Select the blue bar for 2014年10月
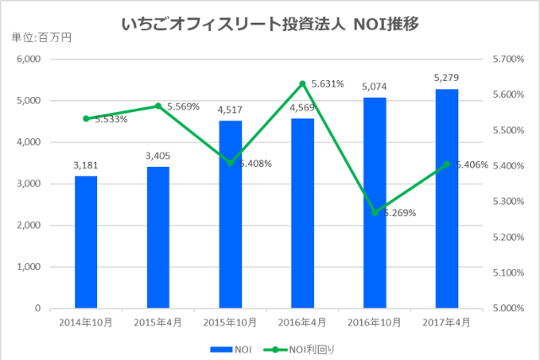(x=86, y=242)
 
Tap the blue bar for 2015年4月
(x=158, y=237)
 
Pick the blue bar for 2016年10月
(x=375, y=202)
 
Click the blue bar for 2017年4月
(x=447, y=198)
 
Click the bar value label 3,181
(x=86, y=164)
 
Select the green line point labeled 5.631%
(x=302, y=83)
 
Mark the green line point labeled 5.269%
(x=375, y=212)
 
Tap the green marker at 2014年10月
(x=86, y=119)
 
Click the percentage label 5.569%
(x=183, y=107)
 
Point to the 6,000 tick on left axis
(x=30, y=59)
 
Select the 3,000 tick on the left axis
(x=30, y=184)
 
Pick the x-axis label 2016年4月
(x=302, y=321)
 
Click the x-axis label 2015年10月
(x=230, y=321)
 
